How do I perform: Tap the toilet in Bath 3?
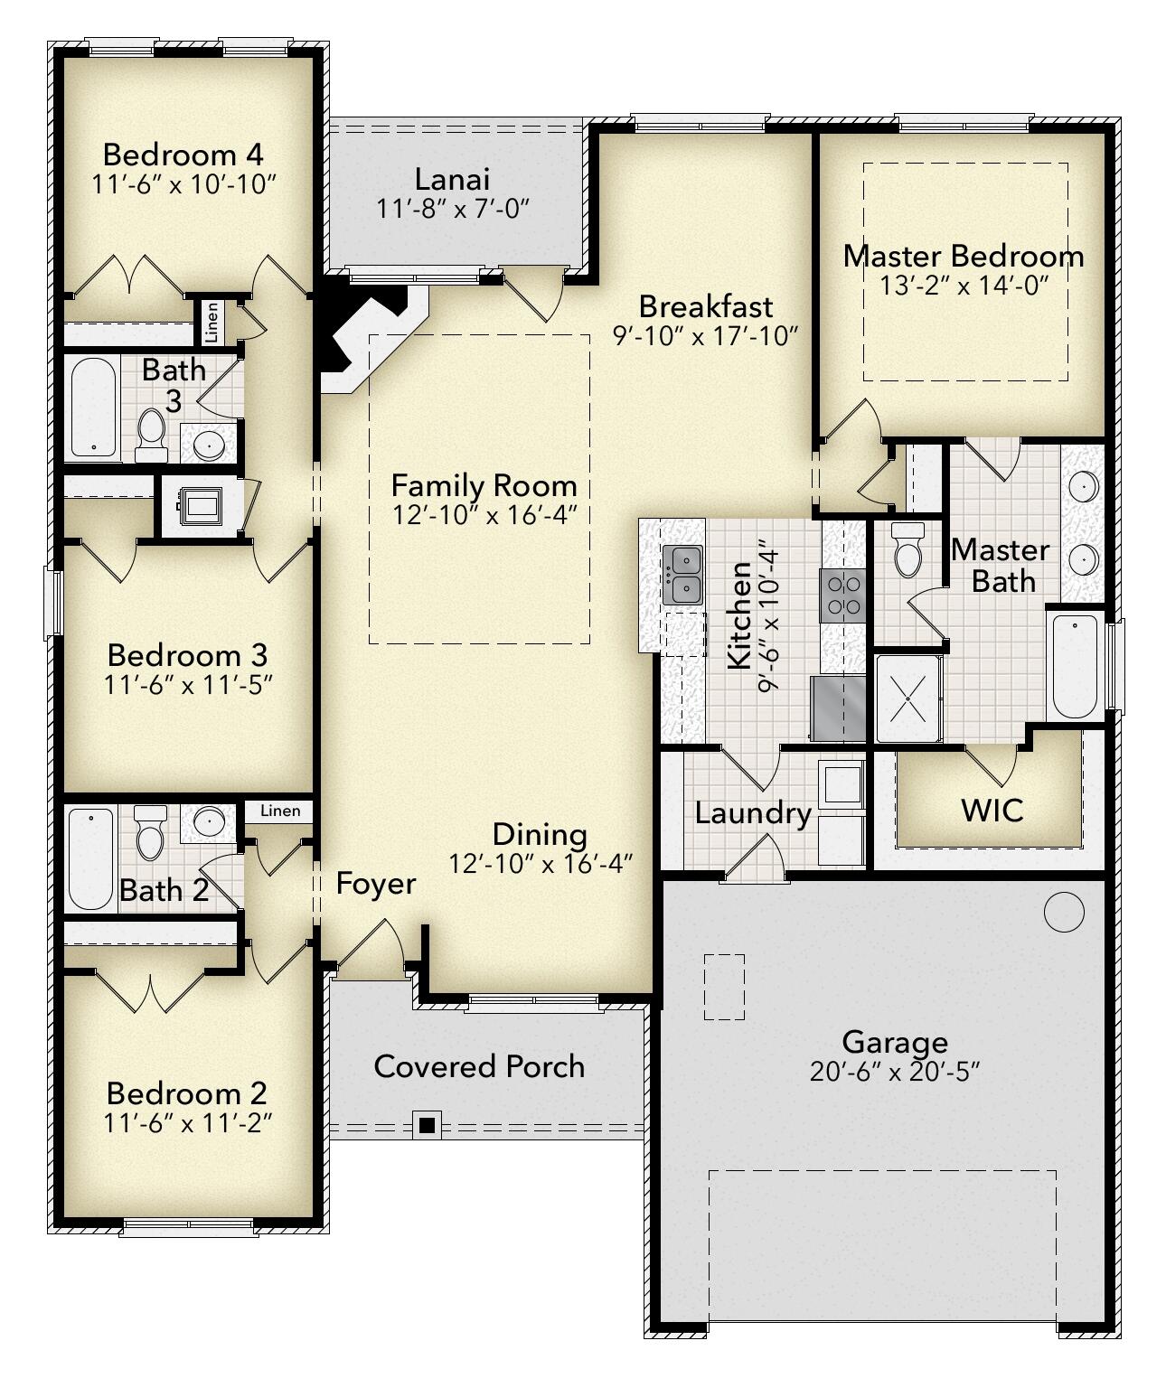(150, 435)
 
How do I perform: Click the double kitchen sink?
(682, 576)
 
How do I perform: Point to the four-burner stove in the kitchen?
(842, 595)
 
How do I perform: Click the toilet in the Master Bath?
(907, 550)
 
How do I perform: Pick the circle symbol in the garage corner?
(1063, 912)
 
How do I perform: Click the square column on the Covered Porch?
(428, 1126)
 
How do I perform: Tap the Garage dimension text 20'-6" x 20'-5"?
(895, 1072)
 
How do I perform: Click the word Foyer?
(376, 883)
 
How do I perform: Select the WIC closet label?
(992, 810)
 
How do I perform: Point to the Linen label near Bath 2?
(280, 811)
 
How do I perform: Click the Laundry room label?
(752, 813)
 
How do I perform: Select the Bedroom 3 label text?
(187, 654)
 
